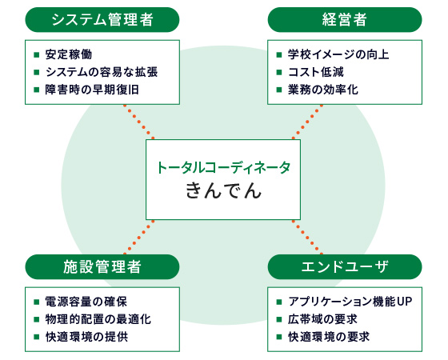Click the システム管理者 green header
pos(102,20)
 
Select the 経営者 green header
pos(345,20)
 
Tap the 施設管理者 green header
pos(102,267)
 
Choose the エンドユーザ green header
pos(345,267)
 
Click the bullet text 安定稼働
pos(69,54)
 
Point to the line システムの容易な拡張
pos(102,72)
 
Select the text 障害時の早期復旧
pos(92,90)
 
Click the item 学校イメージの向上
pos(338,54)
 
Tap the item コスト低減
pos(316,72)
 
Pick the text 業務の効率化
pos(323,90)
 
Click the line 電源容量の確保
pos(86,302)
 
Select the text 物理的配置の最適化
pos(98,319)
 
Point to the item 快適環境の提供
pos(86,337)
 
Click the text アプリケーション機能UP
pos(350,302)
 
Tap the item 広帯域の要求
pos(322,319)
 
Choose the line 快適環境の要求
pos(329,337)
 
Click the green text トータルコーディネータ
pos(223,167)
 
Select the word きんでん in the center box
pos(223,191)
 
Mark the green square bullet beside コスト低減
pos(279,72)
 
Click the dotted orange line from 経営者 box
pos(307,122)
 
